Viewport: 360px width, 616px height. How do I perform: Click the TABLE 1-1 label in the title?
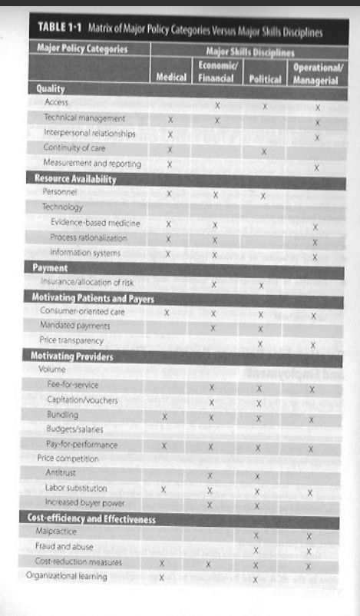click(x=60, y=31)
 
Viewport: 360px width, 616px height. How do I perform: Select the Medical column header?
click(x=170, y=78)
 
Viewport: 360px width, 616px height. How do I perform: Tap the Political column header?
click(x=263, y=78)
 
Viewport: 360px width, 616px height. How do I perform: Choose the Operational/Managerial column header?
click(x=315, y=72)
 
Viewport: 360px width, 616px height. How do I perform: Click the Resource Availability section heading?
click(x=75, y=179)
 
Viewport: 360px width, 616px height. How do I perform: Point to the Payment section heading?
click(x=51, y=268)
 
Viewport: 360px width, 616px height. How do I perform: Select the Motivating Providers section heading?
click(x=71, y=356)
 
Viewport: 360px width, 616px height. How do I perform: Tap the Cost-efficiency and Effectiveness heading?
click(x=91, y=519)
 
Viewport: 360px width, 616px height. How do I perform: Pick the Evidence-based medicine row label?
click(x=95, y=223)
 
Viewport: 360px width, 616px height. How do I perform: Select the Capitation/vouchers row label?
click(x=82, y=400)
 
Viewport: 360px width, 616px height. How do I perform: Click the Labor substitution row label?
click(x=77, y=488)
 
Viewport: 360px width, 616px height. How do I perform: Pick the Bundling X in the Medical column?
click(x=165, y=416)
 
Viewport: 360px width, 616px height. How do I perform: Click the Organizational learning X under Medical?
click(x=161, y=578)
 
